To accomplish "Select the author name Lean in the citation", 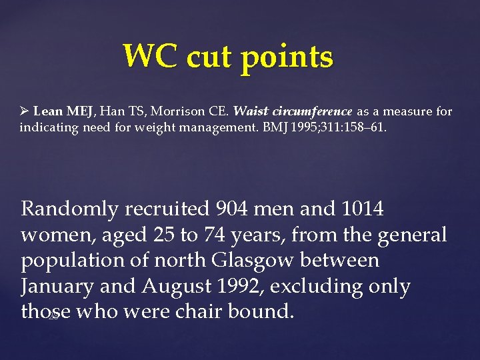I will point(47,111).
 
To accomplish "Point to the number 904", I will point(236,209).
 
